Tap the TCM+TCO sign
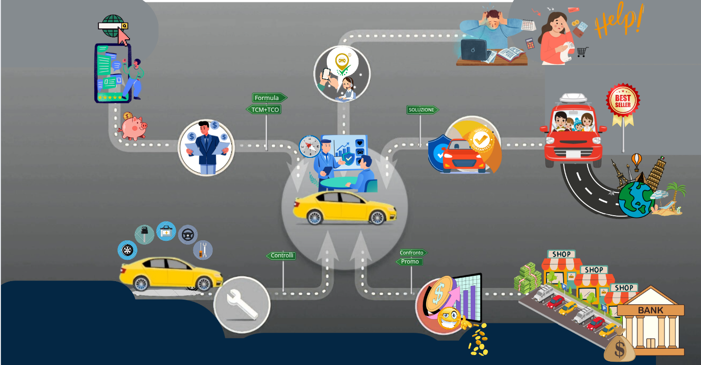[x=264, y=109]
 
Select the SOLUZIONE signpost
[x=422, y=109]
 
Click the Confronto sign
[x=413, y=253]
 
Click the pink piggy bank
[x=133, y=127]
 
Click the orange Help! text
[x=619, y=20]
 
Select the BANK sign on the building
[x=650, y=310]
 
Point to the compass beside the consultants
[x=310, y=146]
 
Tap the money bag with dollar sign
[x=619, y=349]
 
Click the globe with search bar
[x=113, y=26]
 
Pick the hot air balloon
[x=637, y=160]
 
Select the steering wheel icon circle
[x=188, y=234]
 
